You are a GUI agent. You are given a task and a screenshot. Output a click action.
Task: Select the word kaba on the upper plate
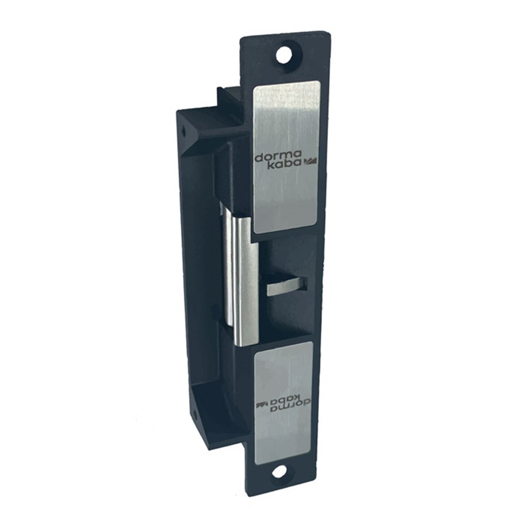pos(286,163)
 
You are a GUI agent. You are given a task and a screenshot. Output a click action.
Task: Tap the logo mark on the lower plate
pos(261,403)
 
